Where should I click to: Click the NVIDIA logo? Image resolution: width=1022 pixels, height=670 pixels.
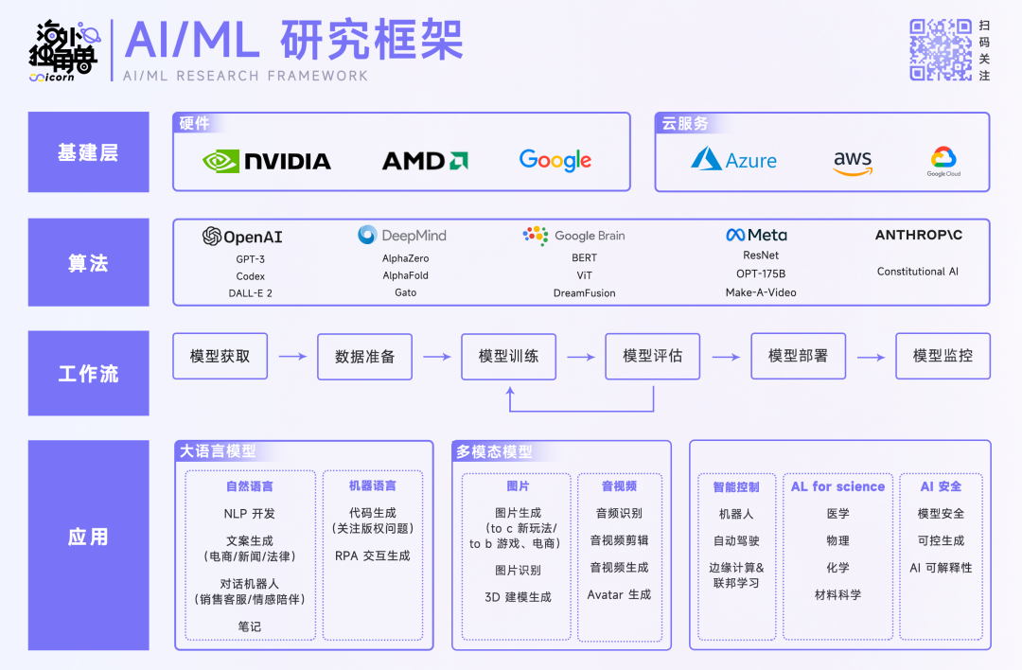tap(267, 161)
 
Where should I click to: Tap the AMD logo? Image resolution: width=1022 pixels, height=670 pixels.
tap(425, 161)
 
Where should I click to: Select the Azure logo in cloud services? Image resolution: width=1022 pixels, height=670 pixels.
tap(733, 159)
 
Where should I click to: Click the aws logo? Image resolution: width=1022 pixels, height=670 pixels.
tap(853, 162)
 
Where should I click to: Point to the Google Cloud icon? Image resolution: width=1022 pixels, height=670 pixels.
tap(943, 161)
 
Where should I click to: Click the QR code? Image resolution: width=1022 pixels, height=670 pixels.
tap(941, 49)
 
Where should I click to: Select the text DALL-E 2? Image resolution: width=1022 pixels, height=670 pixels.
tap(251, 293)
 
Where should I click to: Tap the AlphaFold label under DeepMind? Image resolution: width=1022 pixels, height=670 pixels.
tap(405, 276)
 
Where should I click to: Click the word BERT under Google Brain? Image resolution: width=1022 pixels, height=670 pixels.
tap(584, 258)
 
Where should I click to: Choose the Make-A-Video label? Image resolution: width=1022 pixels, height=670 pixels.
tap(761, 293)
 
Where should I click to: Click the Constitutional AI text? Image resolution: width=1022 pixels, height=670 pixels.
tap(917, 272)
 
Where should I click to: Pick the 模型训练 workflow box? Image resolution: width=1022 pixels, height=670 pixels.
tap(508, 357)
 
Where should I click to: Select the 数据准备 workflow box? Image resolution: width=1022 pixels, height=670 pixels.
tap(364, 357)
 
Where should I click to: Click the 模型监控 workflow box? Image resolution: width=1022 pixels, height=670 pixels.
tap(943, 357)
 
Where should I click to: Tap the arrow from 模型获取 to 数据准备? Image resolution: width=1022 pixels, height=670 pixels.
tap(292, 357)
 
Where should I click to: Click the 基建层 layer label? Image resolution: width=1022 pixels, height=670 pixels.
tap(88, 152)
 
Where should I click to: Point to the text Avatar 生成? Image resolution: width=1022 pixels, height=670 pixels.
tap(619, 595)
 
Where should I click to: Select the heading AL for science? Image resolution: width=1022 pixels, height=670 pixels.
tap(837, 486)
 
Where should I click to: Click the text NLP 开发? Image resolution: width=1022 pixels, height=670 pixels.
tap(250, 514)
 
